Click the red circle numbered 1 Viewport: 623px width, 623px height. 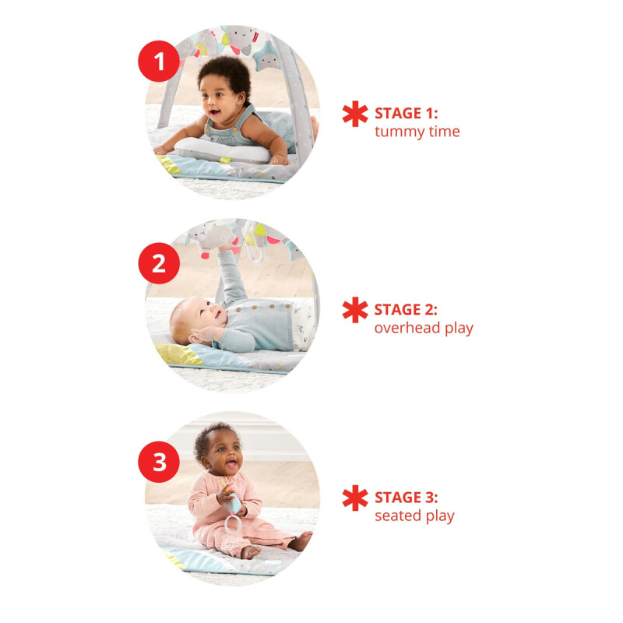[159, 62]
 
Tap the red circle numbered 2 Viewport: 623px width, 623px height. [159, 263]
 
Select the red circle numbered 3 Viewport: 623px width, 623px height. [159, 462]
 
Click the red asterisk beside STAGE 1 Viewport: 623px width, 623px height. [355, 114]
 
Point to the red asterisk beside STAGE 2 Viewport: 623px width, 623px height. [355, 309]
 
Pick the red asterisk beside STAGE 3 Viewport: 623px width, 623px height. [355, 498]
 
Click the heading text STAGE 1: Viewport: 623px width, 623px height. [406, 113]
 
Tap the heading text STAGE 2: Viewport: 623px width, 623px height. [406, 309]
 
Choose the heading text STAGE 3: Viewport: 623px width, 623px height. [406, 498]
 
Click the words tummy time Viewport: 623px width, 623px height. [417, 132]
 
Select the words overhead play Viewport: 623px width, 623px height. [424, 329]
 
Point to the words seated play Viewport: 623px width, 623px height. [414, 516]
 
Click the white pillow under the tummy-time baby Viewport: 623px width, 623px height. [222, 150]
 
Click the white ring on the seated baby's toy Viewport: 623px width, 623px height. [232, 523]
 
